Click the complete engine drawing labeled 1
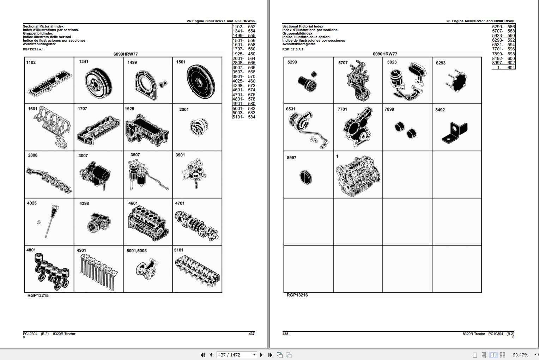[x=358, y=176]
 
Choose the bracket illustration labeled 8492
[x=455, y=132]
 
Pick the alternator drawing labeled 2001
[x=199, y=128]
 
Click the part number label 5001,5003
[x=137, y=251]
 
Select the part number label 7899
[x=389, y=109]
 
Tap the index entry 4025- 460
[x=244, y=81]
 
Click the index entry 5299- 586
[x=503, y=27]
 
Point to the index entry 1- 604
[x=503, y=67]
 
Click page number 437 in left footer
[x=252, y=334]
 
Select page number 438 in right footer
[x=285, y=334]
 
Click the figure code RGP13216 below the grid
[x=297, y=295]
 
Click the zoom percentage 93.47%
[x=520, y=355]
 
